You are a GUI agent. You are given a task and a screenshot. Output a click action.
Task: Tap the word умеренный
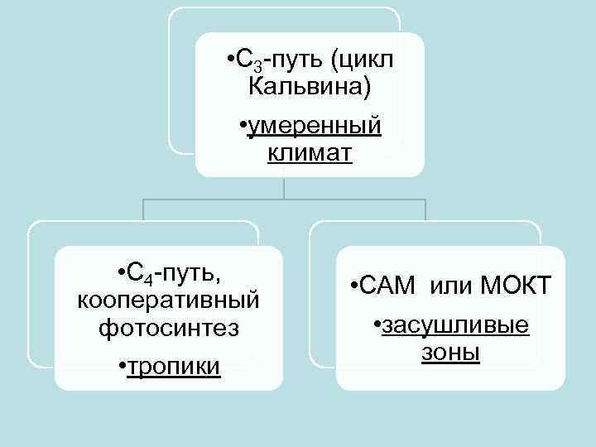click(x=315, y=126)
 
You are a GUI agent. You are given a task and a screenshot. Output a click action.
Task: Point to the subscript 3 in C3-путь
click(x=256, y=65)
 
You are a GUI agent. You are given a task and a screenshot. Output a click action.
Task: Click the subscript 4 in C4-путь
click(x=147, y=277)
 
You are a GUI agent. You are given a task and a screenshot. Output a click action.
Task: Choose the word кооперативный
click(x=168, y=299)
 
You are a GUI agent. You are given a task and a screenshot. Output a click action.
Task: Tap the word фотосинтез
click(x=168, y=327)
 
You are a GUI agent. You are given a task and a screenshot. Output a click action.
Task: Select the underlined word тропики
click(x=173, y=366)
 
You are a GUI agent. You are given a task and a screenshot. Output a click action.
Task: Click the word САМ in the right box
click(x=388, y=287)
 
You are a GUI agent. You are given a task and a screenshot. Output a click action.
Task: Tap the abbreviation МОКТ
click(x=517, y=287)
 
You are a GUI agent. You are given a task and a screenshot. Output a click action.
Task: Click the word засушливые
click(x=454, y=326)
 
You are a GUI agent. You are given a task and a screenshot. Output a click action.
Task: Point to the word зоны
click(x=450, y=353)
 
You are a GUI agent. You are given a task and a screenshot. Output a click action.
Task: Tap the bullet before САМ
click(x=353, y=288)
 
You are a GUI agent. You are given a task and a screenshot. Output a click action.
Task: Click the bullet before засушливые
click(x=377, y=326)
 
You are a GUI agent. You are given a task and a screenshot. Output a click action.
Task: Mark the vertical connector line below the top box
click(x=285, y=188)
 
